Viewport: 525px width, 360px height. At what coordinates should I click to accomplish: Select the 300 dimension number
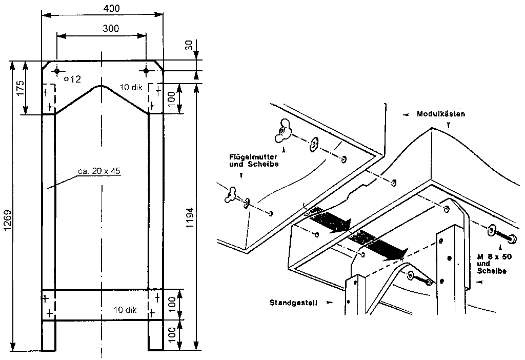[111, 29]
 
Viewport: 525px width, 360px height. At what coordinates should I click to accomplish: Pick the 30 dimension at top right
[190, 46]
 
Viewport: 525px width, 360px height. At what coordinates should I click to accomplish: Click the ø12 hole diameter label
[73, 79]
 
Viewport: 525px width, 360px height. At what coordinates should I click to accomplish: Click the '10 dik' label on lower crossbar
[126, 310]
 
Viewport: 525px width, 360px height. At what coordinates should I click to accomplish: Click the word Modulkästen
[441, 114]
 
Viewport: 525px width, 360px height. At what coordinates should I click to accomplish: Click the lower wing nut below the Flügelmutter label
[231, 195]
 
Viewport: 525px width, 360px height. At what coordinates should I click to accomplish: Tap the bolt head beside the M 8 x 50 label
[512, 239]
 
